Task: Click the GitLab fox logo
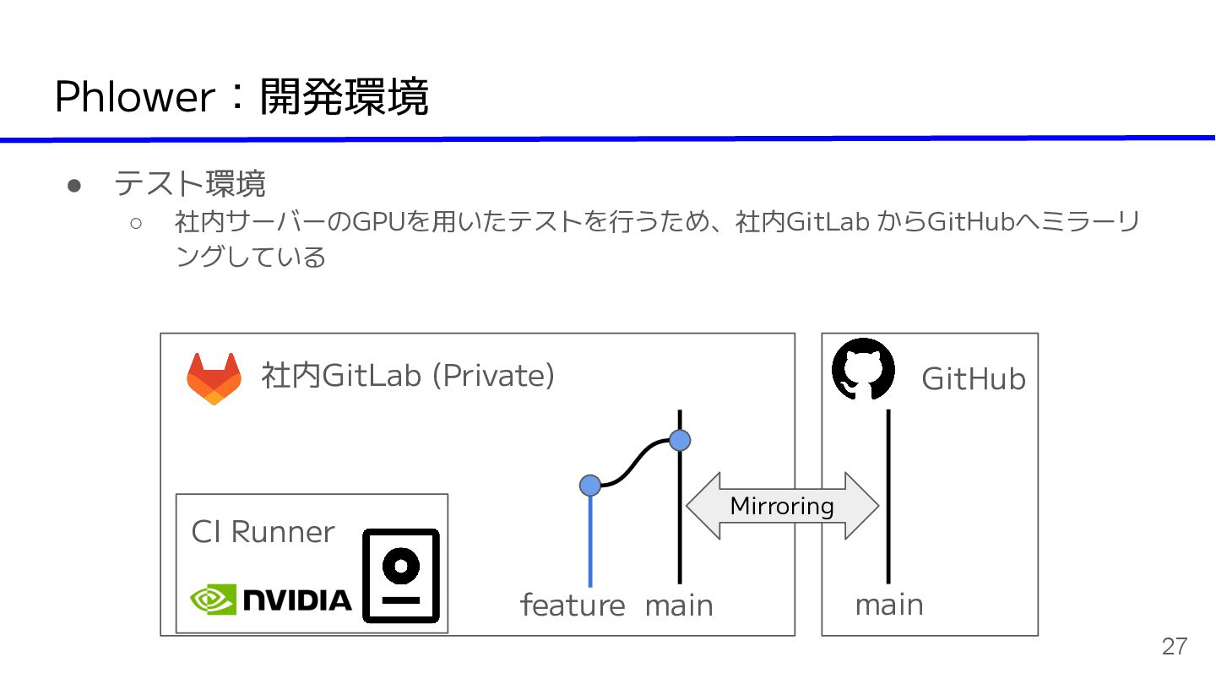[x=214, y=378]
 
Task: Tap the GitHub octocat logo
[x=862, y=369]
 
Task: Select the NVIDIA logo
[x=271, y=600]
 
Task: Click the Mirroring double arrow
[x=782, y=506]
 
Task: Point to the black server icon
[x=401, y=576]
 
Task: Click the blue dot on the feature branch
[x=590, y=485]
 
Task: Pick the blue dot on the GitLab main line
[x=680, y=440]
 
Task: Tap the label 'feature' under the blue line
[x=573, y=605]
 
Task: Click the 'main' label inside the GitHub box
[x=889, y=605]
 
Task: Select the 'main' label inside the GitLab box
[x=679, y=605]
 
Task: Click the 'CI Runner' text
[x=263, y=532]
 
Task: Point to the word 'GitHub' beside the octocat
[x=973, y=379]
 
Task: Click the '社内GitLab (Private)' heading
[x=408, y=375]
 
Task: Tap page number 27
[x=1174, y=647]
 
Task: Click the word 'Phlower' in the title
[x=134, y=97]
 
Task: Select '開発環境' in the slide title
[x=344, y=97]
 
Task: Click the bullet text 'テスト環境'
[x=190, y=183]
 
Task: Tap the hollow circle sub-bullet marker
[x=136, y=224]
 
